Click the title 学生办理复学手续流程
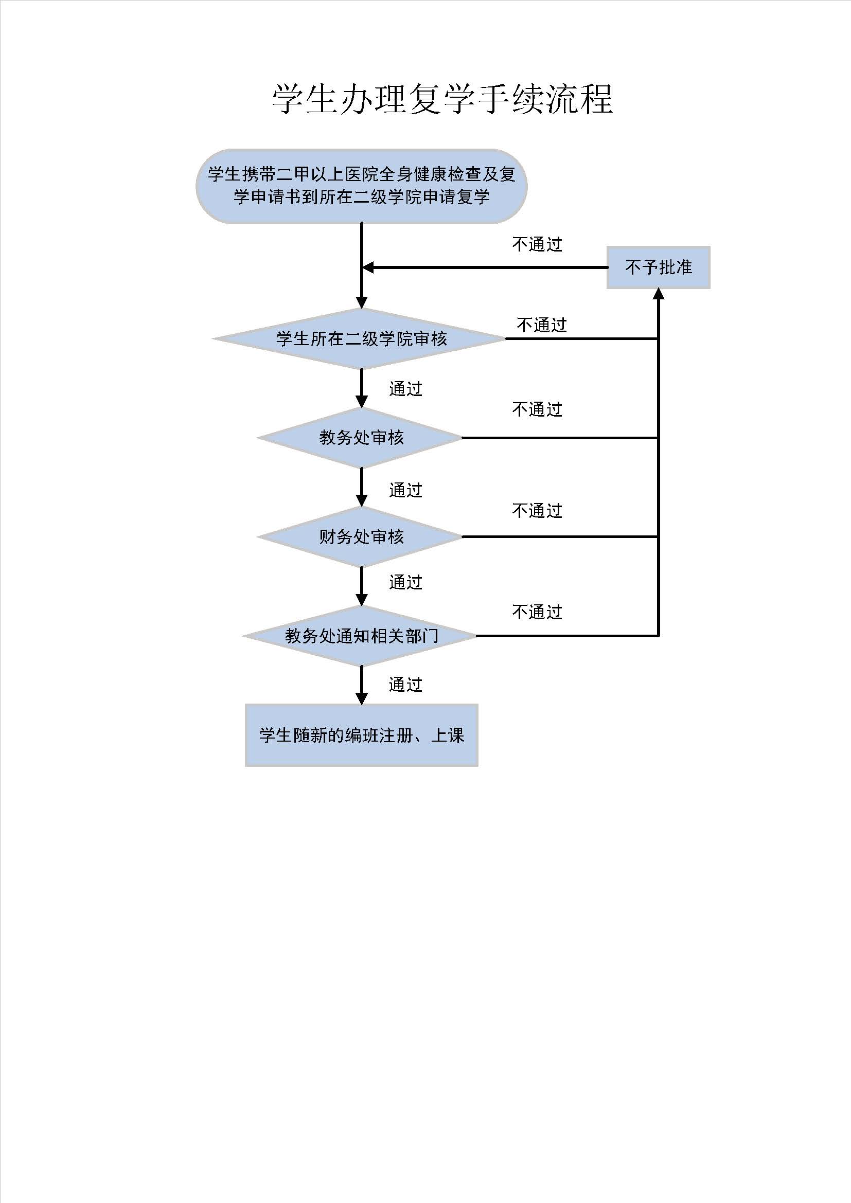pos(442,99)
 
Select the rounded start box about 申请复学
pos(361,187)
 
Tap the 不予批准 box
pos(658,267)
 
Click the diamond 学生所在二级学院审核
pos(361,338)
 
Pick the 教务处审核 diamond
pos(361,438)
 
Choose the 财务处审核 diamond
pos(361,536)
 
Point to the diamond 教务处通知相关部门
pos(361,636)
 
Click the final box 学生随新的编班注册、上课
pos(361,735)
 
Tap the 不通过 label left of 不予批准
pos(537,244)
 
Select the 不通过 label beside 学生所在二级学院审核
pos(542,325)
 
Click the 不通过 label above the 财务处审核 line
pos(537,510)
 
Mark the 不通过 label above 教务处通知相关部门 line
pos(537,612)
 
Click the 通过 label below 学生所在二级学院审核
pos(405,388)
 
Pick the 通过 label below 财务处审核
pos(405,582)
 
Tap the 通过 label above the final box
pos(405,684)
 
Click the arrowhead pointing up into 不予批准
pos(658,294)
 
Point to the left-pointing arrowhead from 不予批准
pos(368,267)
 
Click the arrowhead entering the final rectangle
pos(361,698)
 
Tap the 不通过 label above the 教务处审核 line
pos(537,409)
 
